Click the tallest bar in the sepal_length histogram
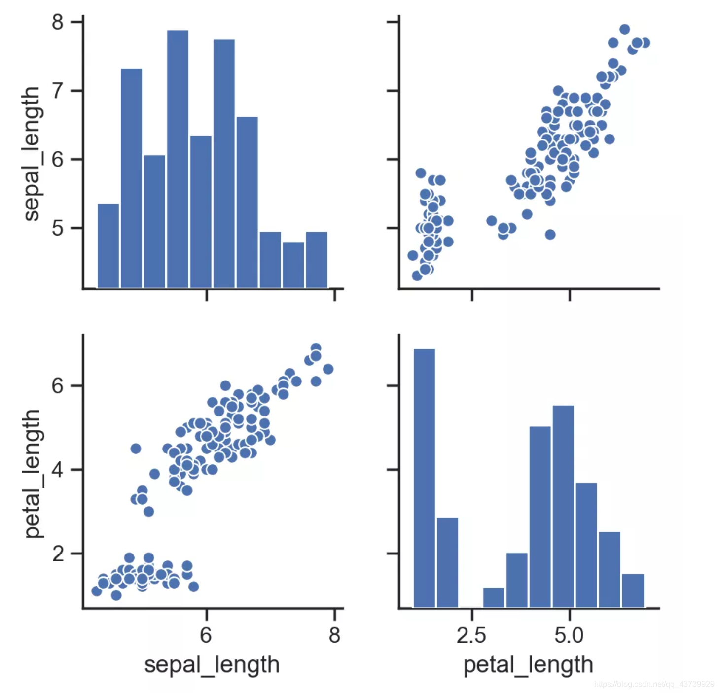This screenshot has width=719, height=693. [178, 158]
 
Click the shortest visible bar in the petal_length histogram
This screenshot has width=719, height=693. [494, 597]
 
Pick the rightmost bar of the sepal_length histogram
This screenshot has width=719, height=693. [316, 260]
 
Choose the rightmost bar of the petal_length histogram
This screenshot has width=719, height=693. [633, 590]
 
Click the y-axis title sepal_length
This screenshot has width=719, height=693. [32, 154]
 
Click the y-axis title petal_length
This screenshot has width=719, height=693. [32, 473]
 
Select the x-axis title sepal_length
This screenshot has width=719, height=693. [212, 664]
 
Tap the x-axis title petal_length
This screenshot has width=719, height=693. [528, 664]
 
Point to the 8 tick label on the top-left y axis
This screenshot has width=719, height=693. [58, 22]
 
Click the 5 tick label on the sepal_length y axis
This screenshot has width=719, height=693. [58, 228]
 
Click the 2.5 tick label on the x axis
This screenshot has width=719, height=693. [471, 635]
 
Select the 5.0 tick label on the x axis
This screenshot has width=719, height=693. [569, 635]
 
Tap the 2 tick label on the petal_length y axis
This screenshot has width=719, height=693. [58, 554]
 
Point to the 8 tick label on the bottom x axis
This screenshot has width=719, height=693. [334, 635]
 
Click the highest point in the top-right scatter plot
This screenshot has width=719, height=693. [624, 29]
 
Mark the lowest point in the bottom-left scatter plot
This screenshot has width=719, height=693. [116, 595]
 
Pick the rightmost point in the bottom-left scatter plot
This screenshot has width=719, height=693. [328, 369]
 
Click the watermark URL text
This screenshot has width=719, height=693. [654, 684]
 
